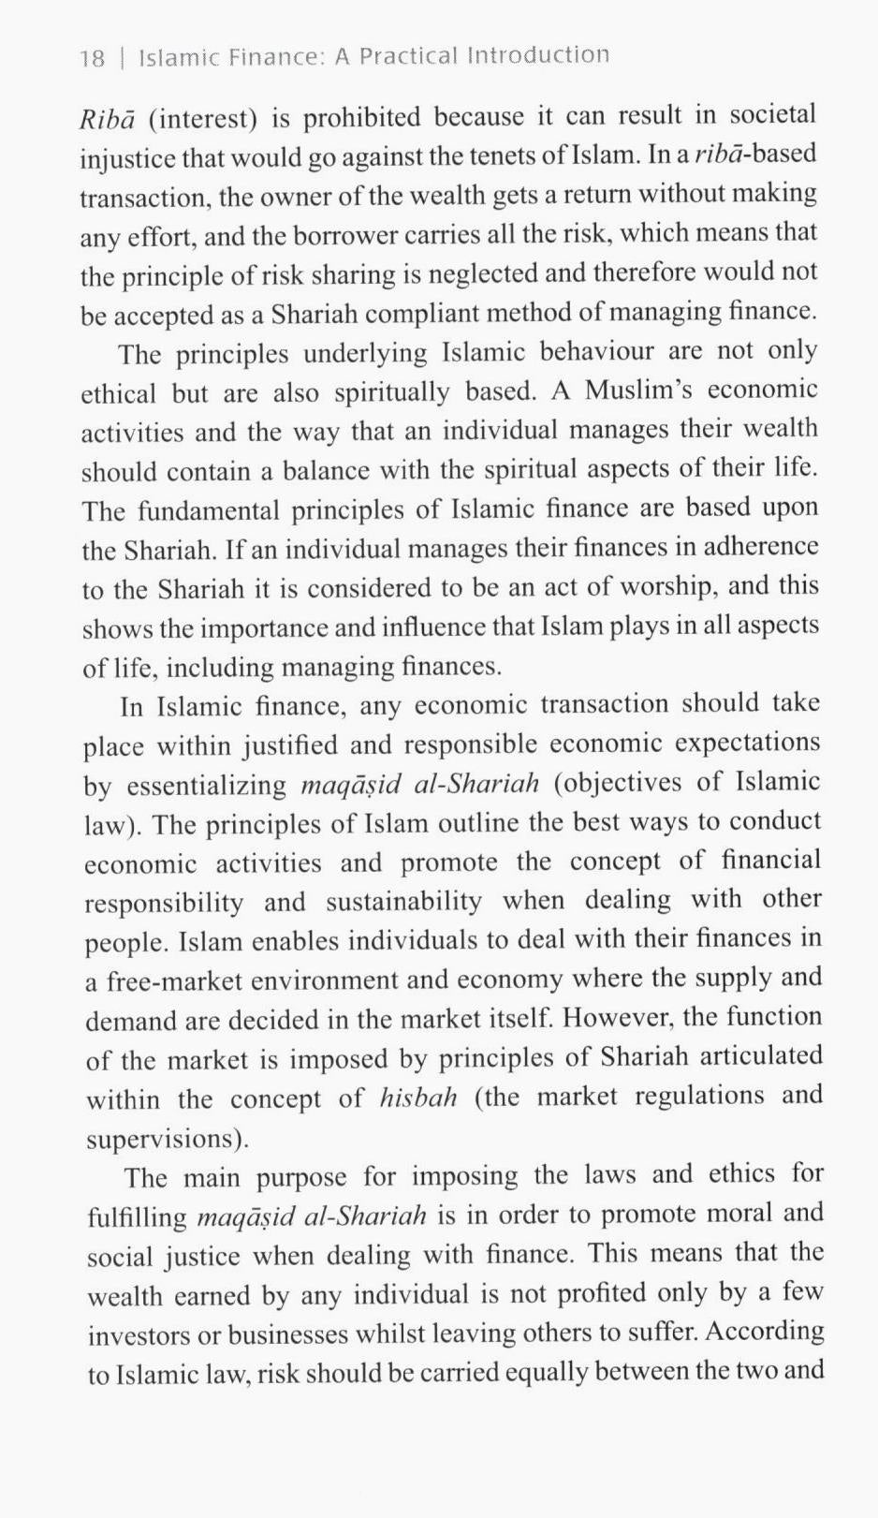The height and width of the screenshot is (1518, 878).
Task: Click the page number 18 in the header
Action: click(92, 59)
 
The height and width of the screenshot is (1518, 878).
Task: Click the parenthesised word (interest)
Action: click(202, 120)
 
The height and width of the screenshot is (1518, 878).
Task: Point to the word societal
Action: click(772, 114)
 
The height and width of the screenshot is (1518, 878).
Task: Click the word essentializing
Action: click(206, 786)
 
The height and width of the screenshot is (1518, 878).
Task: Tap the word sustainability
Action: click(403, 902)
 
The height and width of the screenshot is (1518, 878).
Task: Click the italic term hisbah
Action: click(418, 1098)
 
